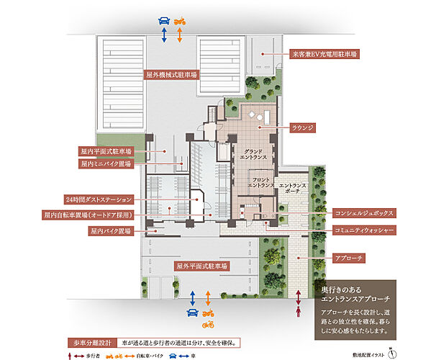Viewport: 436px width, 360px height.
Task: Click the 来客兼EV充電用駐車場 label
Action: tap(324, 54)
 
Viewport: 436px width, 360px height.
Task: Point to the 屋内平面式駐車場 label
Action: tap(106, 152)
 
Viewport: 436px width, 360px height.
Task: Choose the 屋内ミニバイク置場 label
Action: tap(106, 163)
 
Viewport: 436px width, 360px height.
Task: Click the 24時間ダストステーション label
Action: tap(99, 198)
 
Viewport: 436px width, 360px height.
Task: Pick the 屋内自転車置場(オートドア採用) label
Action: tap(96, 215)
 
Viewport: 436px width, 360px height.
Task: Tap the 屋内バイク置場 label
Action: tap(110, 231)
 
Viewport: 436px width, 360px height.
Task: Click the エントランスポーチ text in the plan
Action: tap(292, 189)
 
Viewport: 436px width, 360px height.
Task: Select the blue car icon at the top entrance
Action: tap(164, 20)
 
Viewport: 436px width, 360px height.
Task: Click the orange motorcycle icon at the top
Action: tap(181, 20)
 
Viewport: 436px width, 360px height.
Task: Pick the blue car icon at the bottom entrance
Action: tap(192, 312)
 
